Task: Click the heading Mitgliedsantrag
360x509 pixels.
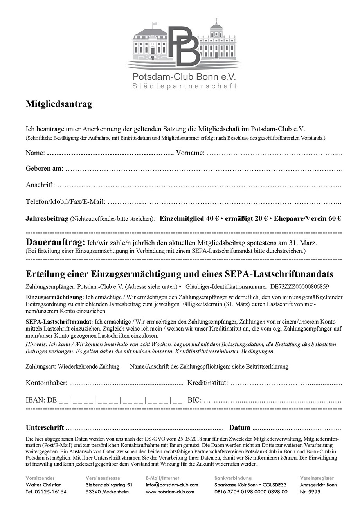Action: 59,104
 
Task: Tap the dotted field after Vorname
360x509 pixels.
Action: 274,153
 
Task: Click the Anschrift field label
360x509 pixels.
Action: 40,185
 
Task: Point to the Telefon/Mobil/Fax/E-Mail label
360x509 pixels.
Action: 65,202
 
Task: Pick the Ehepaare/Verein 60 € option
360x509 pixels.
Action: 308,219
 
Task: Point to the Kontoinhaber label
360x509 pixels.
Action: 47,383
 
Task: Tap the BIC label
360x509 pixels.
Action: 194,400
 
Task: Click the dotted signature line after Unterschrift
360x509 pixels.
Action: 145,428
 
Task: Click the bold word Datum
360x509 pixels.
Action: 239,428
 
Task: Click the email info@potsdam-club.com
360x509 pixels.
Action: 172,485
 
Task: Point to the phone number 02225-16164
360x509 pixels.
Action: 51,492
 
